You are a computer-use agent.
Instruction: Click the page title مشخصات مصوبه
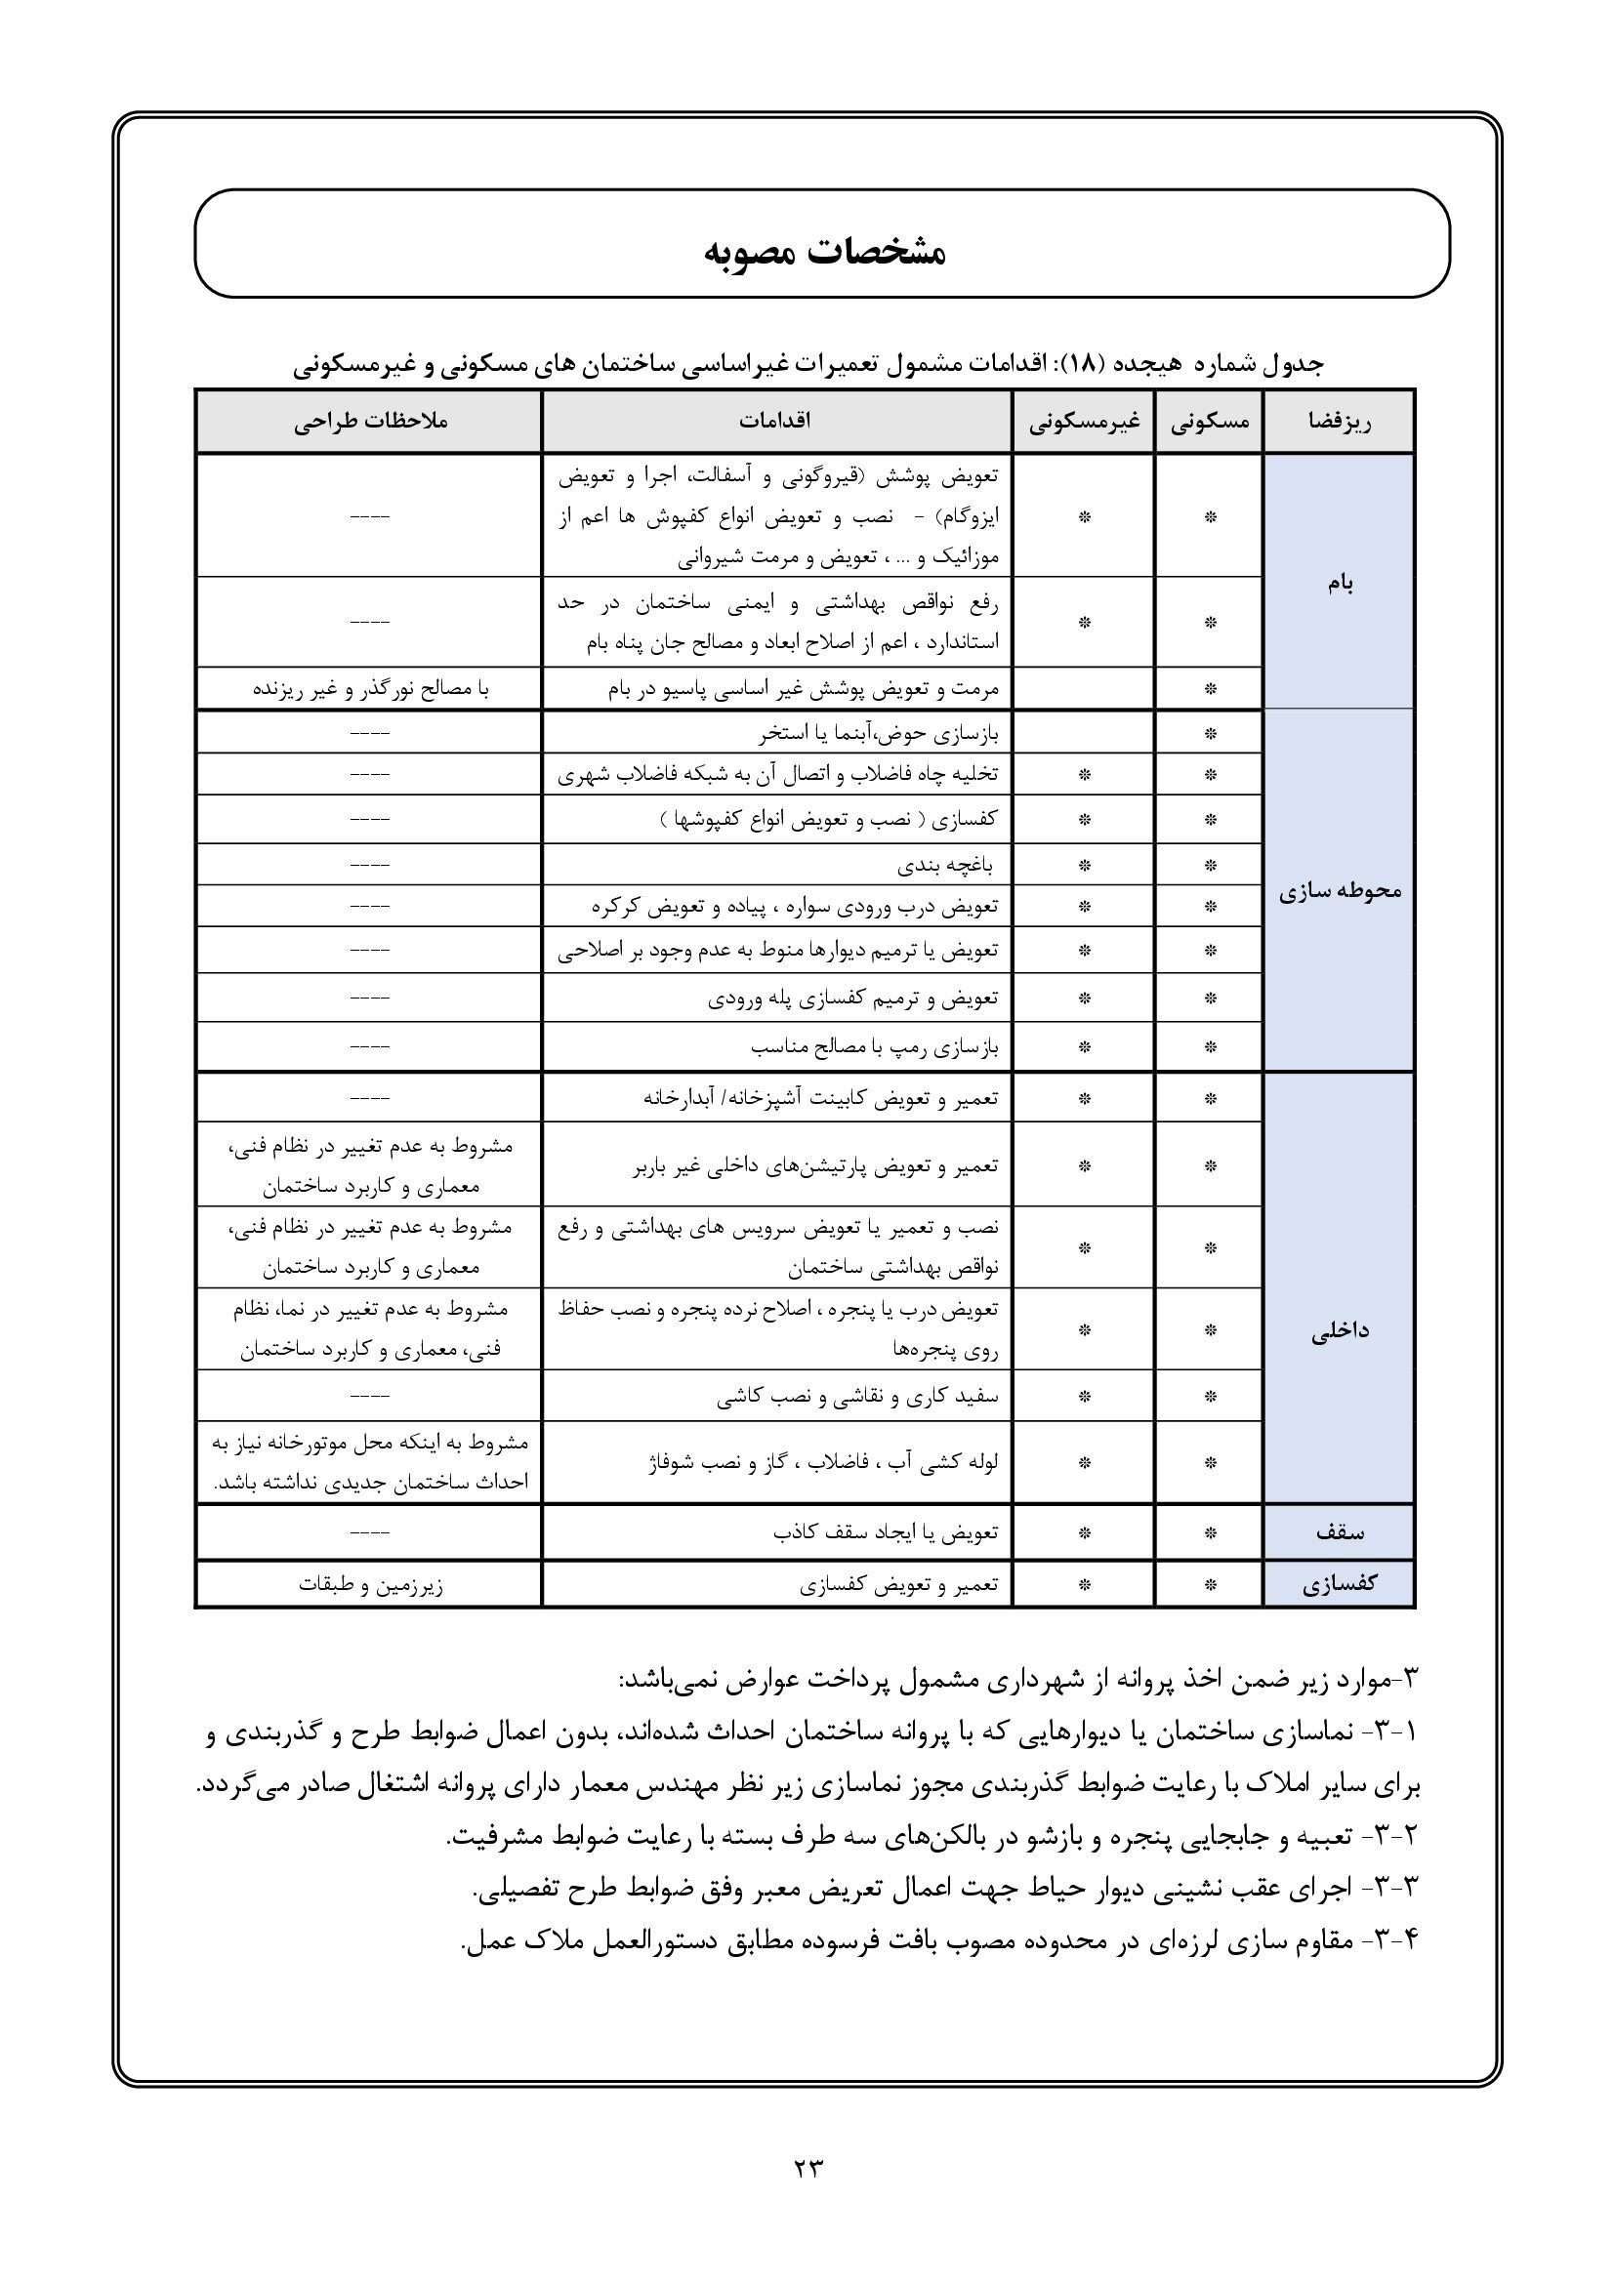click(824, 251)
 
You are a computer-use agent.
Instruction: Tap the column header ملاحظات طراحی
click(370, 422)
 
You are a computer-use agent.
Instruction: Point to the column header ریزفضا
click(1340, 422)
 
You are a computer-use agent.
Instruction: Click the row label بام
click(1340, 583)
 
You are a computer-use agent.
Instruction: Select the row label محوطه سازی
click(1340, 891)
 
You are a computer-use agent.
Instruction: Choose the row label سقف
click(1340, 1532)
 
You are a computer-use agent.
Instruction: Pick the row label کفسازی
click(1340, 1584)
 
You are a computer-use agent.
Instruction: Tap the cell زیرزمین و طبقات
click(370, 1585)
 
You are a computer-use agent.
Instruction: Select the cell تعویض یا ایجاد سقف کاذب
click(885, 1532)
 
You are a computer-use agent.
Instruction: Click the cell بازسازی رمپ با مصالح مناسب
click(874, 1047)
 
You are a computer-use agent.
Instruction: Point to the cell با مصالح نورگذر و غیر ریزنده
click(370, 688)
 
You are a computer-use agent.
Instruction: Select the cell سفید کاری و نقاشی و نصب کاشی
click(857, 1397)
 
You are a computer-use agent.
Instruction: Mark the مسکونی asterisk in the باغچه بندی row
click(1210, 865)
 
